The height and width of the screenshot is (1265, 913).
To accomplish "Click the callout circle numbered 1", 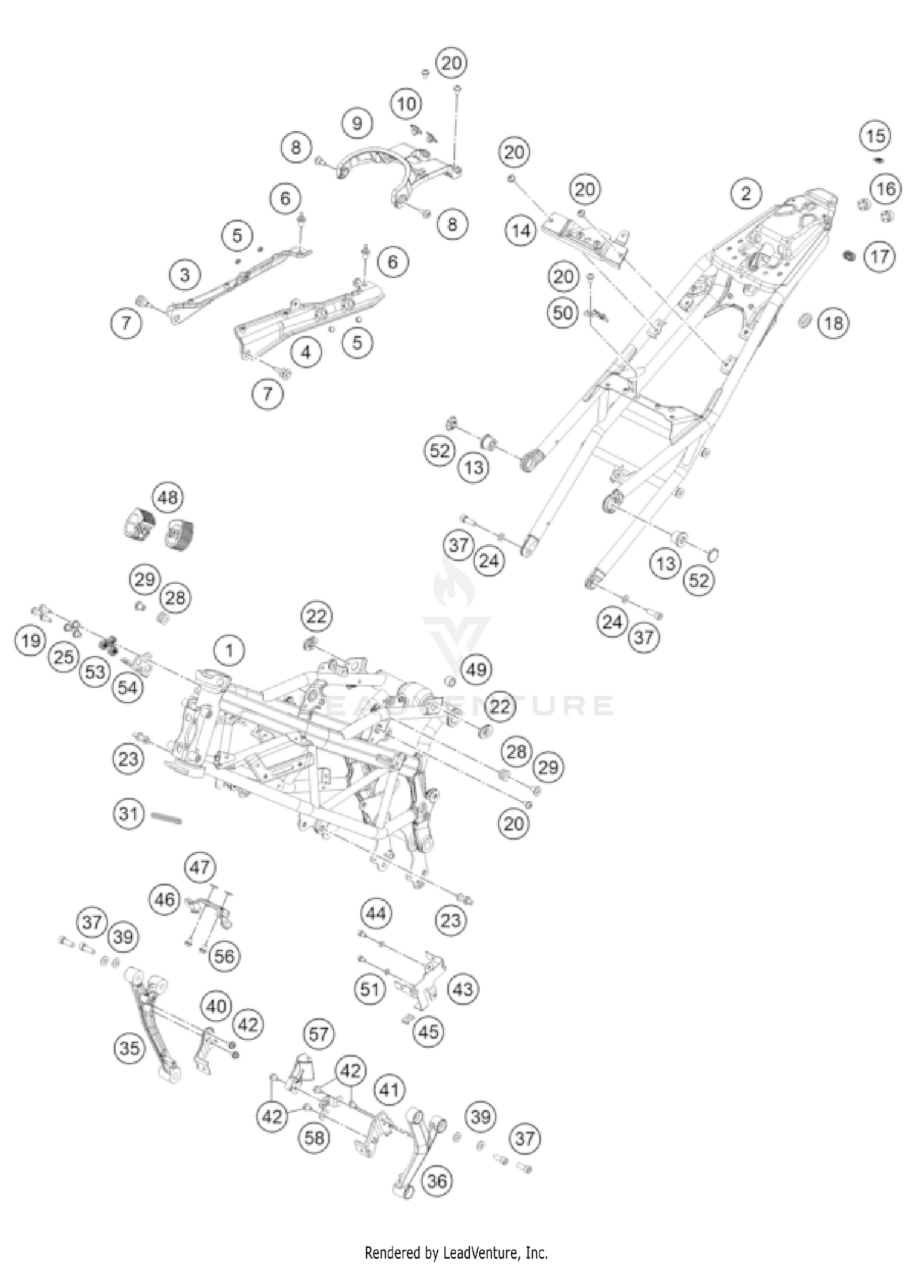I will coord(229,651).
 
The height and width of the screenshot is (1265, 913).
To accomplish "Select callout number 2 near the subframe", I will coord(746,194).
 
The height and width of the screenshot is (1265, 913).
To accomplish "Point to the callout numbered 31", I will coord(128,813).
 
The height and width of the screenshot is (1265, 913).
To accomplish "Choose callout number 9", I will coord(357,124).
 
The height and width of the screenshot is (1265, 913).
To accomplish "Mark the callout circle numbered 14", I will coord(521,231).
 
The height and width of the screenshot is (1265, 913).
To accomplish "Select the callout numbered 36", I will coord(437,1182).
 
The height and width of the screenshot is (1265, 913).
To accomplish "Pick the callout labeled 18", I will coord(833,323).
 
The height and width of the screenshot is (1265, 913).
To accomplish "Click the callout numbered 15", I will coord(876,136).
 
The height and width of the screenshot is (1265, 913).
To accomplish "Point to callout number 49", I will coord(477,670).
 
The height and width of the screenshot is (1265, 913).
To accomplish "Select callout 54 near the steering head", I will coord(127,688).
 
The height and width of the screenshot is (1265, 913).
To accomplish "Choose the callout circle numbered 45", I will coord(429,1031).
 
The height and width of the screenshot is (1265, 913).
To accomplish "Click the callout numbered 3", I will coord(185,275).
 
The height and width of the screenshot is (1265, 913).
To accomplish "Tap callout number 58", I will coord(315,1137).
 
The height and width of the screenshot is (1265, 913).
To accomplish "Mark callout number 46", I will coord(165,899).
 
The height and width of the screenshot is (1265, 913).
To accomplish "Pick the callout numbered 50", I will coord(563,313).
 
